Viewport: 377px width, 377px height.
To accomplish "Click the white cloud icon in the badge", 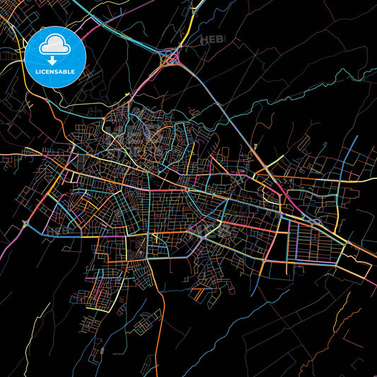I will (x=54, y=46).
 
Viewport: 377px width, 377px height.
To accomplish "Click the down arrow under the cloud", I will (x=54, y=60).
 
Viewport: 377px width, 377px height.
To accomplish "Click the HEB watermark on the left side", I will (x=59, y=231).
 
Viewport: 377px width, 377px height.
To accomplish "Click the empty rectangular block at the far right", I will (x=357, y=269).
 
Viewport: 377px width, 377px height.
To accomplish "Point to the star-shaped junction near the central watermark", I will (x=202, y=239).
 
